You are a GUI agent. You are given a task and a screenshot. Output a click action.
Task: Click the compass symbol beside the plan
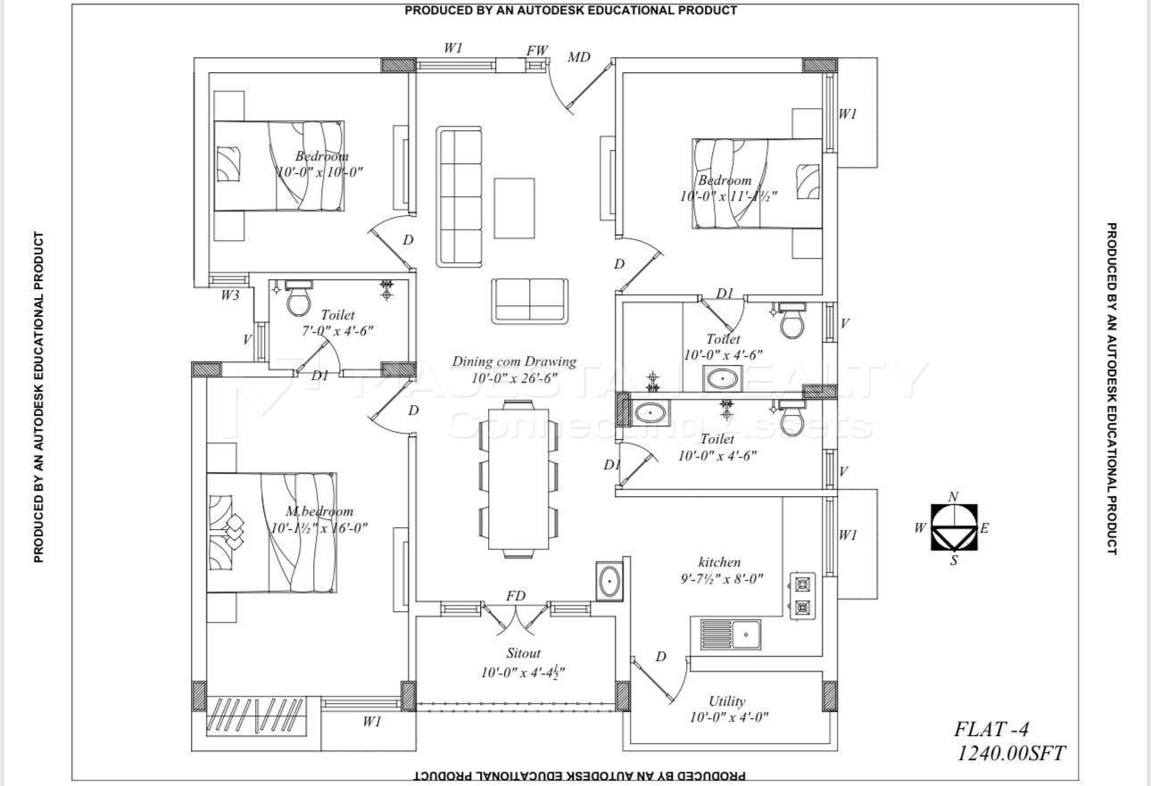[954, 527]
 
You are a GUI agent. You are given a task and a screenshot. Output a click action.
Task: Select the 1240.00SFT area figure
[1010, 754]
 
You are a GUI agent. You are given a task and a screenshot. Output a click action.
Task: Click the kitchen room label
[719, 562]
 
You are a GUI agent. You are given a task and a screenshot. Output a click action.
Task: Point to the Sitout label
[524, 654]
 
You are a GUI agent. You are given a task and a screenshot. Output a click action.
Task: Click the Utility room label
[727, 701]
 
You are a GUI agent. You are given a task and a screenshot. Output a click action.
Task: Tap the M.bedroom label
[319, 511]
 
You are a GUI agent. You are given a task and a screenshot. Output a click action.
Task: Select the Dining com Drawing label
[514, 361]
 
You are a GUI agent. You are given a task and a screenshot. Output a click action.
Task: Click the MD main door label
[579, 58]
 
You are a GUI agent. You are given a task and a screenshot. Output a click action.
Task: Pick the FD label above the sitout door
[516, 596]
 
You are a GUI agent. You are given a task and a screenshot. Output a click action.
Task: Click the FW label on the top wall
[537, 51]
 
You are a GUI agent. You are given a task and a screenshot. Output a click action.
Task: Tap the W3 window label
[230, 295]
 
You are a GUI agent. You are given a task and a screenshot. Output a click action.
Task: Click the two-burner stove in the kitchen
[802, 596]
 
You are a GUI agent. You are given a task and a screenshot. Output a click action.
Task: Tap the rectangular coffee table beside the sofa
[514, 208]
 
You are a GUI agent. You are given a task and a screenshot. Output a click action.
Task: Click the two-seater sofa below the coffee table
[529, 301]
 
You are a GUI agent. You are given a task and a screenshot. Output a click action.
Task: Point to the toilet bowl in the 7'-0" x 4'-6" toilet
[298, 299]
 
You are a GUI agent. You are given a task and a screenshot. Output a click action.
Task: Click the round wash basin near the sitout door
[610, 581]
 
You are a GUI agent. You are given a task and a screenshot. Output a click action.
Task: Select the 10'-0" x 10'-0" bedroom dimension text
[319, 172]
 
